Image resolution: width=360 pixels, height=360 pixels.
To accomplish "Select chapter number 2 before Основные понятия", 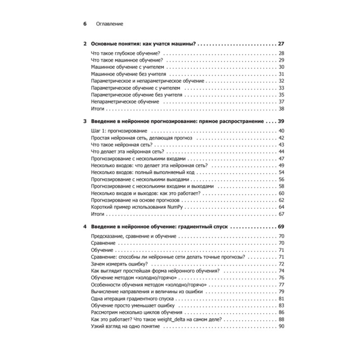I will [x=85, y=44].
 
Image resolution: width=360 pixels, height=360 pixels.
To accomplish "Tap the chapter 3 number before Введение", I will [x=85, y=121].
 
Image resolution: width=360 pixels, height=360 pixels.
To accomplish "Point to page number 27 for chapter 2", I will [x=282, y=44].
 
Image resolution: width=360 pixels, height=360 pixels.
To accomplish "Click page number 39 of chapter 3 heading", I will [x=282, y=121].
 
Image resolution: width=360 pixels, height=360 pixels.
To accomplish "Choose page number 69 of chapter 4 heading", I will [x=282, y=227].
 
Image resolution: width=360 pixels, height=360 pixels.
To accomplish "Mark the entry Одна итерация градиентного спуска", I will [x=130, y=298].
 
